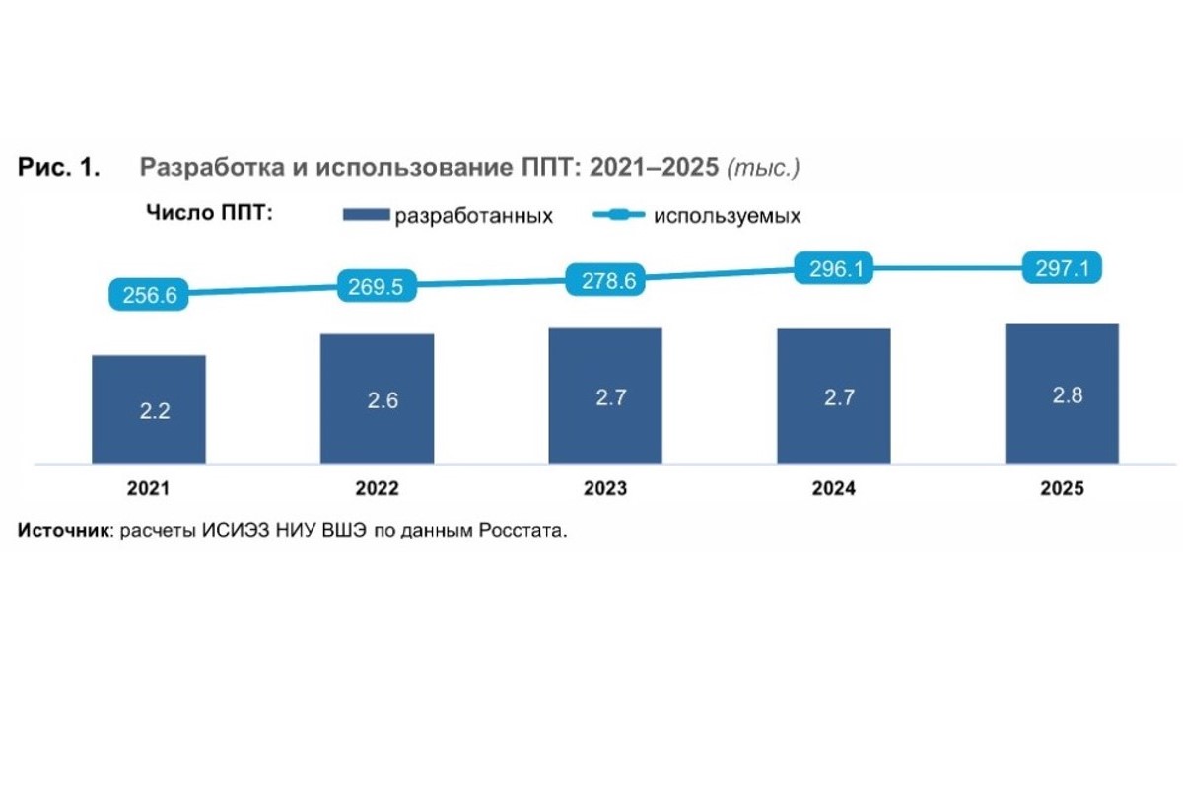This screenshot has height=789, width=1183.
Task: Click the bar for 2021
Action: click(149, 409)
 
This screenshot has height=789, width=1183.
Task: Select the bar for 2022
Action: click(377, 399)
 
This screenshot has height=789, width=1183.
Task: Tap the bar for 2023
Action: click(605, 395)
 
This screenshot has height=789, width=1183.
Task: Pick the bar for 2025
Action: click(1062, 394)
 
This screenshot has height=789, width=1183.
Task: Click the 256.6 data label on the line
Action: click(149, 294)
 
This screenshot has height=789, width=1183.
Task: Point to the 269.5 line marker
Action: click(377, 286)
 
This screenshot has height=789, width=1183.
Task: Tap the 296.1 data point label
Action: click(834, 268)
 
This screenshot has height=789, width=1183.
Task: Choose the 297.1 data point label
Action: click(1062, 267)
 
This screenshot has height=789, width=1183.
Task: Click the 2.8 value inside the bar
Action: click(1068, 395)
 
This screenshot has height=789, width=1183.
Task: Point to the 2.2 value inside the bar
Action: click(154, 411)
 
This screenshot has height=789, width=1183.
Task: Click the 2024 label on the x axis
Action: click(833, 489)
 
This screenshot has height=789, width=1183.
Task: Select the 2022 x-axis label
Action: click(377, 489)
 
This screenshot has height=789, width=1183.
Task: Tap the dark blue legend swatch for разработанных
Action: click(366, 215)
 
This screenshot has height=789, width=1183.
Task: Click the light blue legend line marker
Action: click(619, 215)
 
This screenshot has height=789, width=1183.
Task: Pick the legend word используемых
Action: click(728, 216)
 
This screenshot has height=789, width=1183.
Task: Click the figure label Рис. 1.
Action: click(58, 167)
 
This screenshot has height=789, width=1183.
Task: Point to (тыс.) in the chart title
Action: click(763, 168)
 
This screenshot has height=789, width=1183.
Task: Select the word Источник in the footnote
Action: click(63, 530)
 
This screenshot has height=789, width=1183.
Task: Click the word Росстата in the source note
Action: click(522, 530)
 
